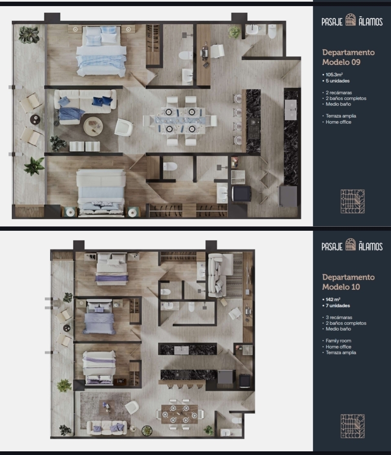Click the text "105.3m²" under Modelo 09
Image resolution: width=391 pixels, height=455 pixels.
[x=334, y=75]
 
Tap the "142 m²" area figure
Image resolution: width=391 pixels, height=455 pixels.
[x=333, y=300]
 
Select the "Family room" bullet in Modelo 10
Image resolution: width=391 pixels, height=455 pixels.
[x=338, y=341]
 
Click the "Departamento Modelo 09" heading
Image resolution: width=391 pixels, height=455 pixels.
[x=348, y=57]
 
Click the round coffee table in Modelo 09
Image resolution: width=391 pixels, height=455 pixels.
[x=93, y=126]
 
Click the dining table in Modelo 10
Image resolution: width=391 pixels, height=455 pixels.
[x=180, y=414]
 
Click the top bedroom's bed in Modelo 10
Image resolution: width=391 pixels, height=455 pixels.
[x=112, y=267]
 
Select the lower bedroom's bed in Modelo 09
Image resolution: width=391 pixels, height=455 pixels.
[x=101, y=192]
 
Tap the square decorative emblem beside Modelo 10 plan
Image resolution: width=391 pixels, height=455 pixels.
[x=352, y=426]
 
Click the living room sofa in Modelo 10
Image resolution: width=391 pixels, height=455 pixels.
[x=107, y=428]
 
